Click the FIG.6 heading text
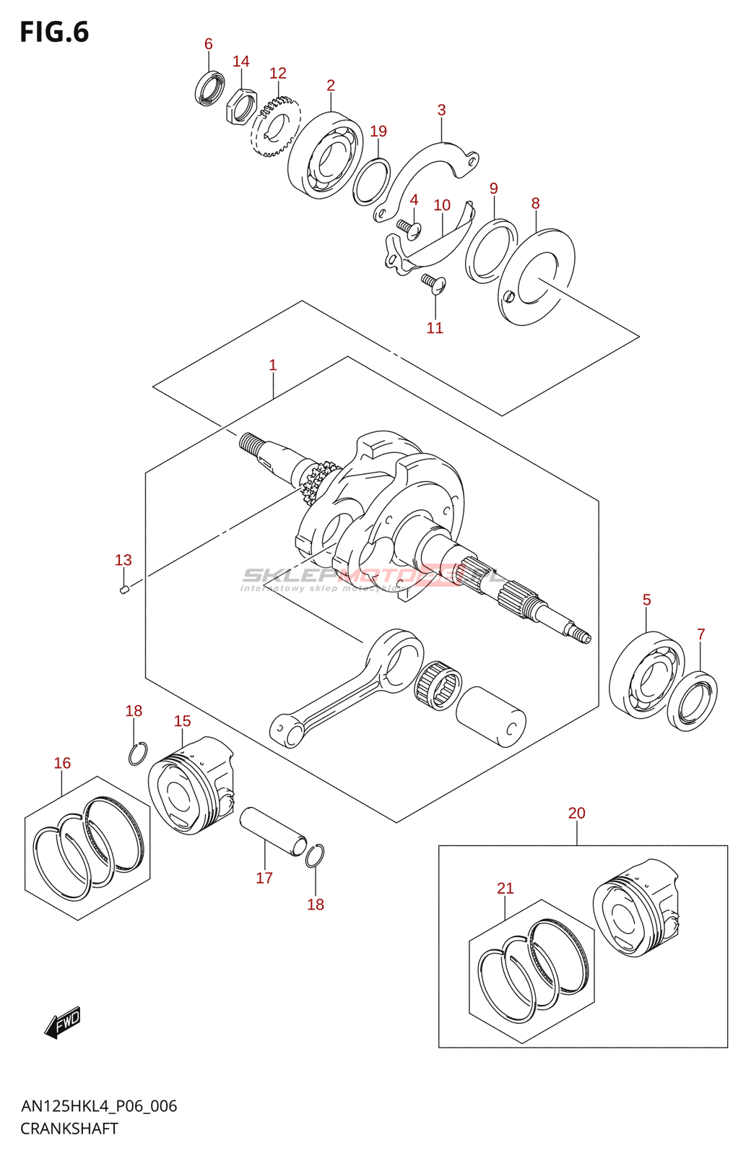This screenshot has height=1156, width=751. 54,33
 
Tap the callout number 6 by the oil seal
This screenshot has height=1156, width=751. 208,44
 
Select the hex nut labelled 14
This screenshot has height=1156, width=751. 241,105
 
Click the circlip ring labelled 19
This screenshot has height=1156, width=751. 372,181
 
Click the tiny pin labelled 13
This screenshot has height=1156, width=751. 123,590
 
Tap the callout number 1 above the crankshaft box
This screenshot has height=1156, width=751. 273,366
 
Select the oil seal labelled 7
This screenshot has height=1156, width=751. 693,701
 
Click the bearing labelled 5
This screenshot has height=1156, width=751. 646,675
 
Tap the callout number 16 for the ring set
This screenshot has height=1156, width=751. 63,764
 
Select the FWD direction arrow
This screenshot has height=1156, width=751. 63,1022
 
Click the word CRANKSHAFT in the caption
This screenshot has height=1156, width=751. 69,1129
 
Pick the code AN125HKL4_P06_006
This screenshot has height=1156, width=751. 99,1106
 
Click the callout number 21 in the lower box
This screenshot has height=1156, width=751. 505,889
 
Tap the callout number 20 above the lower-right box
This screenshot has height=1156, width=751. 576,814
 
